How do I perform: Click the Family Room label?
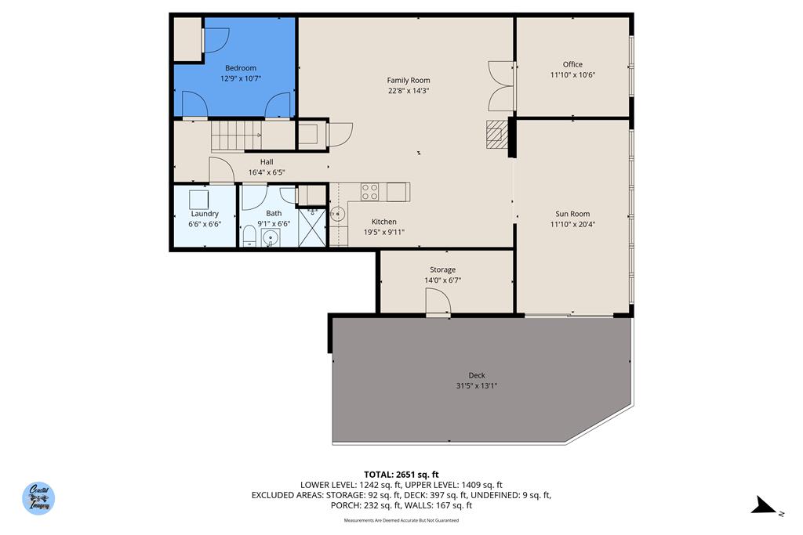(408, 80)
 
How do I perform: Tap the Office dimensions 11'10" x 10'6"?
(572, 75)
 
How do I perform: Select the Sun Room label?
(572, 214)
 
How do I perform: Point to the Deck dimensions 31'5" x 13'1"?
(477, 385)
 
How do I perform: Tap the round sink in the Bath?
(271, 237)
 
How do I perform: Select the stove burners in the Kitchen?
(370, 191)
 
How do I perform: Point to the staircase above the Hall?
(236, 136)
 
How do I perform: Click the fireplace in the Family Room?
(496, 134)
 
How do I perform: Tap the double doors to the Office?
(501, 85)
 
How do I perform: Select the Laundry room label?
(205, 214)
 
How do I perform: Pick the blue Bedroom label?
(241, 68)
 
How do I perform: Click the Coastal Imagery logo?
(38, 498)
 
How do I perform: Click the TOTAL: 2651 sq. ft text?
(401, 474)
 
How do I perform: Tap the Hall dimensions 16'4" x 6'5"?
(267, 172)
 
